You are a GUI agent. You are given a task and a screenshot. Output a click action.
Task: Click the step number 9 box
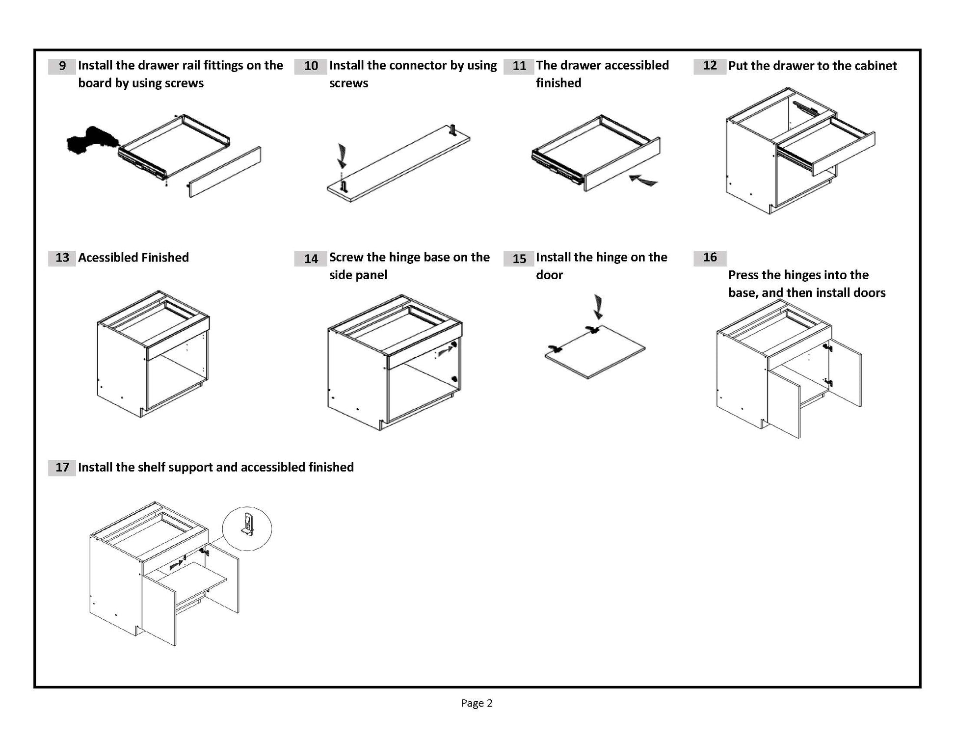tap(62, 66)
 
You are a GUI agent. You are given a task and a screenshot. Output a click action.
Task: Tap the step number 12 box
tap(710, 66)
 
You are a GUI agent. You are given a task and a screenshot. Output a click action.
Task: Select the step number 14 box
tap(311, 259)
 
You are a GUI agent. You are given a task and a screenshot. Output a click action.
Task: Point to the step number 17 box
tap(62, 468)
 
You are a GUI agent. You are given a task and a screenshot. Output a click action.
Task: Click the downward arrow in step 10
tap(342, 156)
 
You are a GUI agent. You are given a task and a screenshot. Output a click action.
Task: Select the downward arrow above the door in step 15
tap(598, 307)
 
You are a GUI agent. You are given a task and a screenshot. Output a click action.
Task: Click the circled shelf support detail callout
tap(247, 528)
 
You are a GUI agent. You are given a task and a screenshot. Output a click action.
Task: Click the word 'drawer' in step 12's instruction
tap(780, 66)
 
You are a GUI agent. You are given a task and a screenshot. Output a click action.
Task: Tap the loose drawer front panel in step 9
tap(225, 172)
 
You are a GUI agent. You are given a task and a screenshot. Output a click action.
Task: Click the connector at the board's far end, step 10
tap(453, 130)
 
